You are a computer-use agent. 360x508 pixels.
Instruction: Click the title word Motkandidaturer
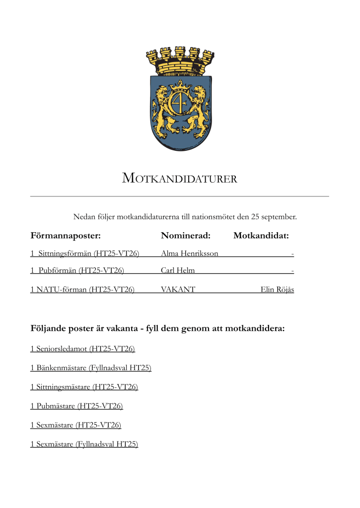pos(180,179)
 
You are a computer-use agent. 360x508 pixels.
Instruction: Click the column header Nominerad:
pos(186,235)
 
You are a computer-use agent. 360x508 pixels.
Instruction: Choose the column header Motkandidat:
pos(261,235)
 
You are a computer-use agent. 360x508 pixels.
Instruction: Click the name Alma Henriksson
pos(190,254)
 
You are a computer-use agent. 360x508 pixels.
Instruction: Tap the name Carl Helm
pos(178,271)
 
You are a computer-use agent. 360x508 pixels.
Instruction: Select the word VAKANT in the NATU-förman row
pos(178,289)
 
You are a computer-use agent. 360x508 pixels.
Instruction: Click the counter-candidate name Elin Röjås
pos(277,289)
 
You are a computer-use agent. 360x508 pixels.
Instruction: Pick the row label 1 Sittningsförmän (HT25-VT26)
pos(85,254)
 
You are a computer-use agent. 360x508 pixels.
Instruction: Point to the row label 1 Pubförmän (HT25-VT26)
pos(77,271)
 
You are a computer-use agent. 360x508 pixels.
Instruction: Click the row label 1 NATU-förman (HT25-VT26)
pos(82,289)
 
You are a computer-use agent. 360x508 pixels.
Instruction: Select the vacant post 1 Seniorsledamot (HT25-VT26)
pos(82,349)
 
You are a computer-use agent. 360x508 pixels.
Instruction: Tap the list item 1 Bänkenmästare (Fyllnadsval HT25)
pos(91,368)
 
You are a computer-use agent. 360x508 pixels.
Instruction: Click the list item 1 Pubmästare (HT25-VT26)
pos(76,406)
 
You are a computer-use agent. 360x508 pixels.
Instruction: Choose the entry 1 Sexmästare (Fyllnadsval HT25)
pos(84,444)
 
